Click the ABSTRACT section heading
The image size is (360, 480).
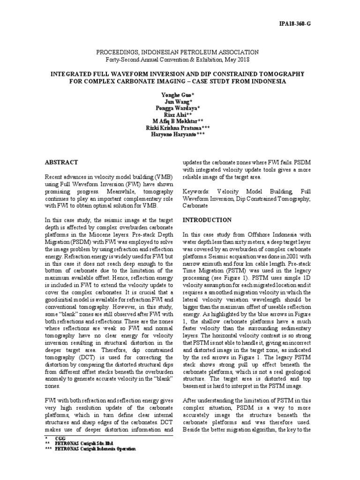point(61,162)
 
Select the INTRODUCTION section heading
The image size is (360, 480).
point(207,219)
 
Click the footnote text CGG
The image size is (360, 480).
point(60,437)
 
